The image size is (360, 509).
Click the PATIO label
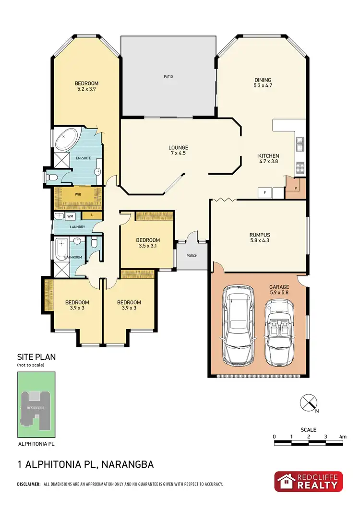pyautogui.click(x=168, y=76)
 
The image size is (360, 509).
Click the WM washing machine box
pyautogui.click(x=70, y=216)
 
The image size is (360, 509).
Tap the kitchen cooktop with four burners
pyautogui.click(x=300, y=168)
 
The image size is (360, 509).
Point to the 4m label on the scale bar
pyautogui.click(x=342, y=437)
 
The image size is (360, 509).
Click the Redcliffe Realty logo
pyautogui.click(x=309, y=481)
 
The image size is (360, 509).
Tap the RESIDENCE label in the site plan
pyautogui.click(x=36, y=408)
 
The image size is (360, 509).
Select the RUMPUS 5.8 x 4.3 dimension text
pyautogui.click(x=259, y=241)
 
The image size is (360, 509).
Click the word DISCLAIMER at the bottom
pyautogui.click(x=29, y=485)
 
